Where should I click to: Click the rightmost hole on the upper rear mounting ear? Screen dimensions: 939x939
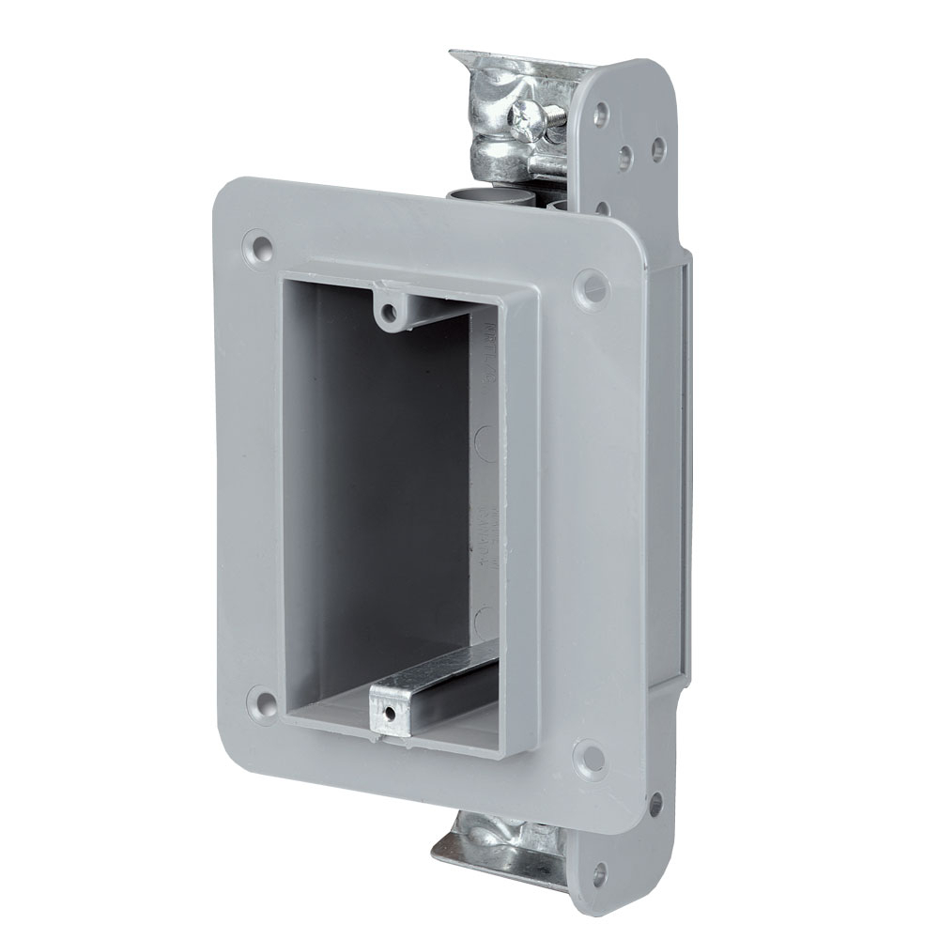657,147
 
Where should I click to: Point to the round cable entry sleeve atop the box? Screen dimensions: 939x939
479,196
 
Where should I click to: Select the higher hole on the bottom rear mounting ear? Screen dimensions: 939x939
654,805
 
